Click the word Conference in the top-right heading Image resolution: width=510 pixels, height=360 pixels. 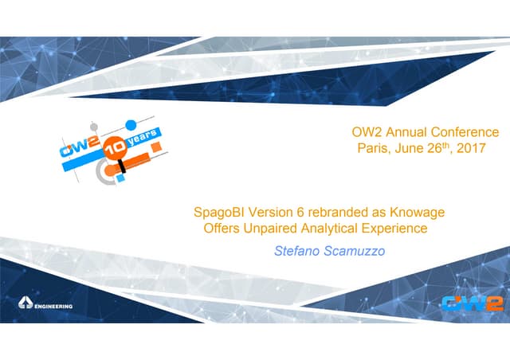(465, 132)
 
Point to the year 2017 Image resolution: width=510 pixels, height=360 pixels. (471, 148)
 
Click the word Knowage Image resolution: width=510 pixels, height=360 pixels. (418, 212)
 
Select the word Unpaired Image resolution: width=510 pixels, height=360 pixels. (270, 228)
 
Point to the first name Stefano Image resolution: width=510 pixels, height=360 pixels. (297, 251)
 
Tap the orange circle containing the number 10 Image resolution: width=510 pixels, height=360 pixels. (116, 148)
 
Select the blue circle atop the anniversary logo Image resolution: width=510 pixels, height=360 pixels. (131, 125)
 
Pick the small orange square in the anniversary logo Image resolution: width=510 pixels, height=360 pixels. (156, 147)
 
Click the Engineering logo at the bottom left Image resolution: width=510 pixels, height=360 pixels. (45, 303)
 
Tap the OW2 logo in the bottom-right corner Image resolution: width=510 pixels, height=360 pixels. (473, 303)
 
